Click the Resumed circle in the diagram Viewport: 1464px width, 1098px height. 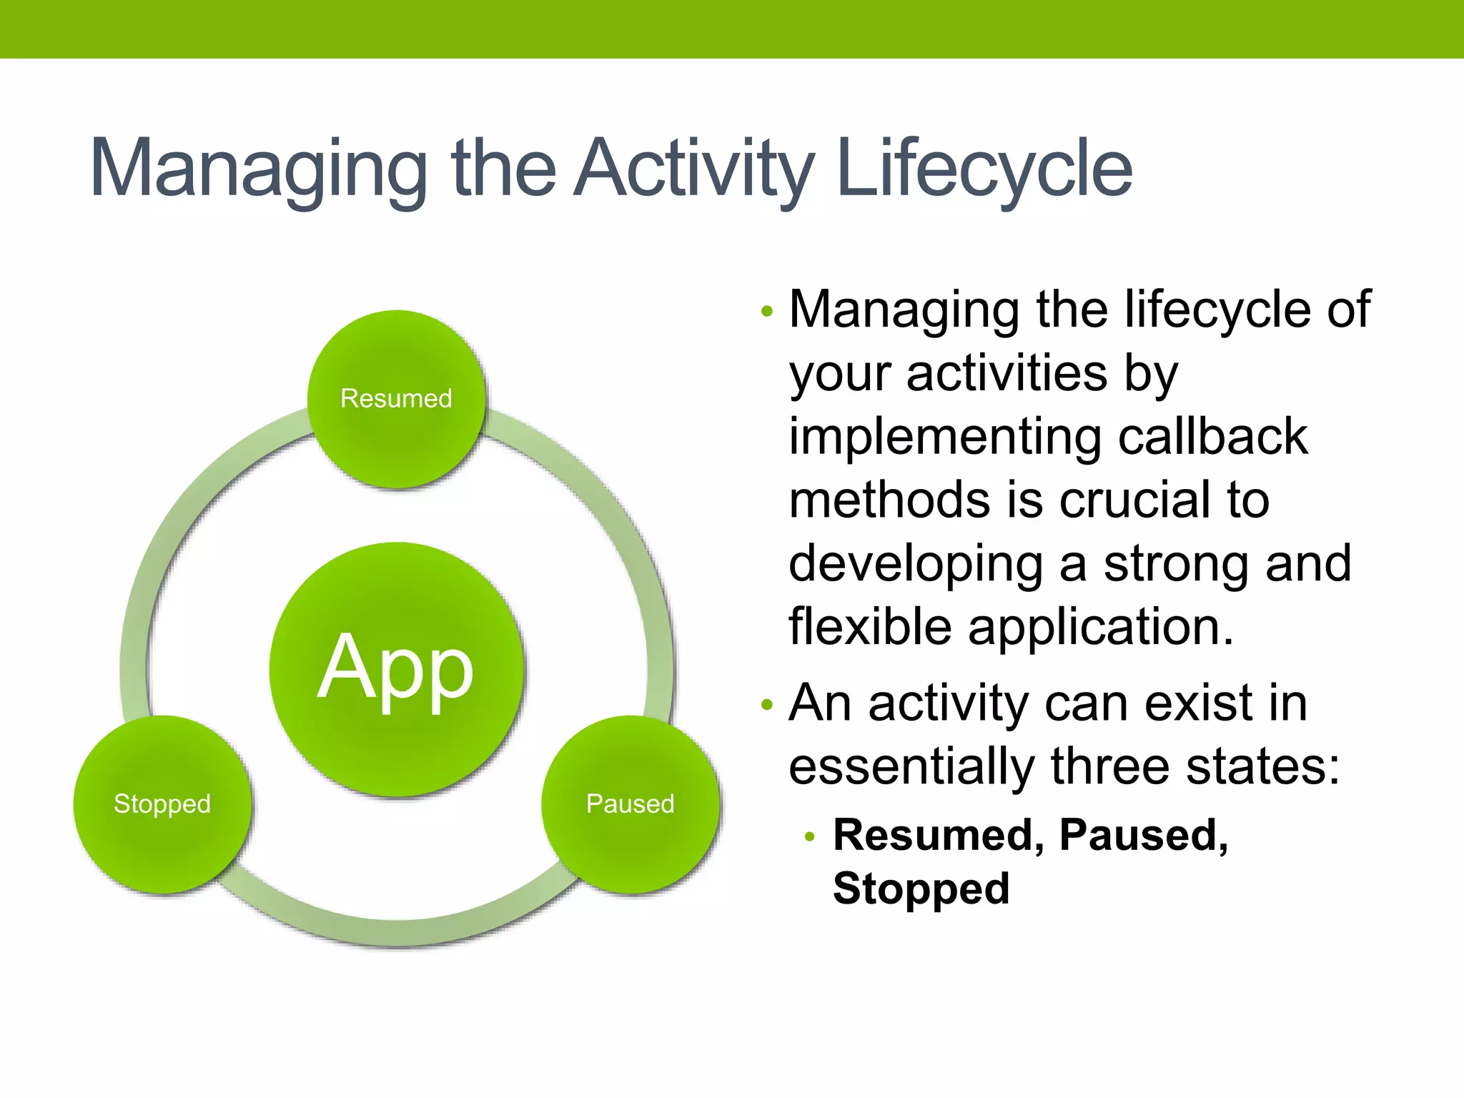tap(397, 399)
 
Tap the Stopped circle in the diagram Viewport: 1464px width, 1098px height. tap(162, 804)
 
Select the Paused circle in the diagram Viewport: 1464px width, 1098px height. tap(630, 804)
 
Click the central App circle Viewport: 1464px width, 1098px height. tap(396, 668)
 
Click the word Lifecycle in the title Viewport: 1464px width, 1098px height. tap(984, 169)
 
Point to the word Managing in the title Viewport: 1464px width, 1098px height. tap(258, 169)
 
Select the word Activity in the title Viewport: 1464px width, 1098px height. tap(693, 169)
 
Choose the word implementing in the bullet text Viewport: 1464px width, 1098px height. tap(945, 437)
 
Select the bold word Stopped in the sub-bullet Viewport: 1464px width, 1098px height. tap(921, 889)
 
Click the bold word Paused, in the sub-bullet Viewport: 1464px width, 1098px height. tap(1144, 835)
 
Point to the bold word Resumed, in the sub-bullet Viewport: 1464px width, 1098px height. tap(939, 835)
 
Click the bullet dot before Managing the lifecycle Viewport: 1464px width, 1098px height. tap(767, 311)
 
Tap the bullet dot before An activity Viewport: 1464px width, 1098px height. tap(767, 705)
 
